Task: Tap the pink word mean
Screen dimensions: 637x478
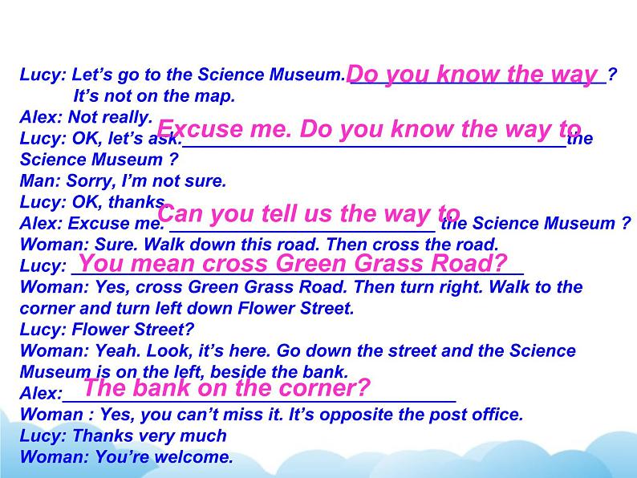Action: click(162, 263)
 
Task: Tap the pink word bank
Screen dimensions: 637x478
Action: click(162, 388)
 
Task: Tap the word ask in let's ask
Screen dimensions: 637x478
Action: click(165, 139)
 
